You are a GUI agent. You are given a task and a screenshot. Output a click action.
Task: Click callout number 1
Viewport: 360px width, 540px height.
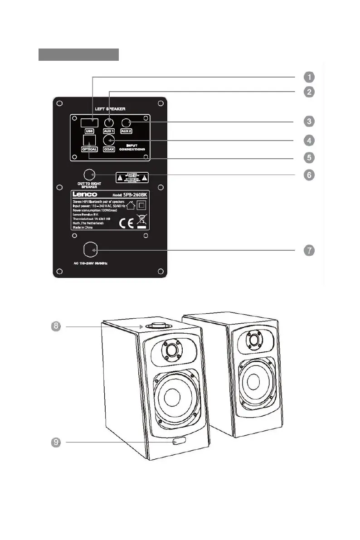(x=308, y=76)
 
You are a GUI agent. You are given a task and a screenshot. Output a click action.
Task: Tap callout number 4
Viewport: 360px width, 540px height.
(x=308, y=140)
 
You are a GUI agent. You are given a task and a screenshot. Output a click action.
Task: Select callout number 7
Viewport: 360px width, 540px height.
(x=308, y=250)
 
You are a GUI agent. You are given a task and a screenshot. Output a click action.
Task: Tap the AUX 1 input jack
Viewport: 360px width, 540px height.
(x=109, y=122)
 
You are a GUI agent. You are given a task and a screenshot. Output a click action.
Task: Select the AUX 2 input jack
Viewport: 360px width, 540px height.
(x=126, y=122)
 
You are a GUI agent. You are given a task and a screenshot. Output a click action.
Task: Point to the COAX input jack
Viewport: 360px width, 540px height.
(x=108, y=140)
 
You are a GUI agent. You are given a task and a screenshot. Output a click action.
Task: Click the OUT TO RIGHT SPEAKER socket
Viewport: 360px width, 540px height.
(x=90, y=175)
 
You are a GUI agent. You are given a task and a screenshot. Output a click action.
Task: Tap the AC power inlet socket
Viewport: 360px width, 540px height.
(x=91, y=250)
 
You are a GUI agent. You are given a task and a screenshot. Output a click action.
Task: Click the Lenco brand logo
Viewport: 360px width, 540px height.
(x=86, y=194)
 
